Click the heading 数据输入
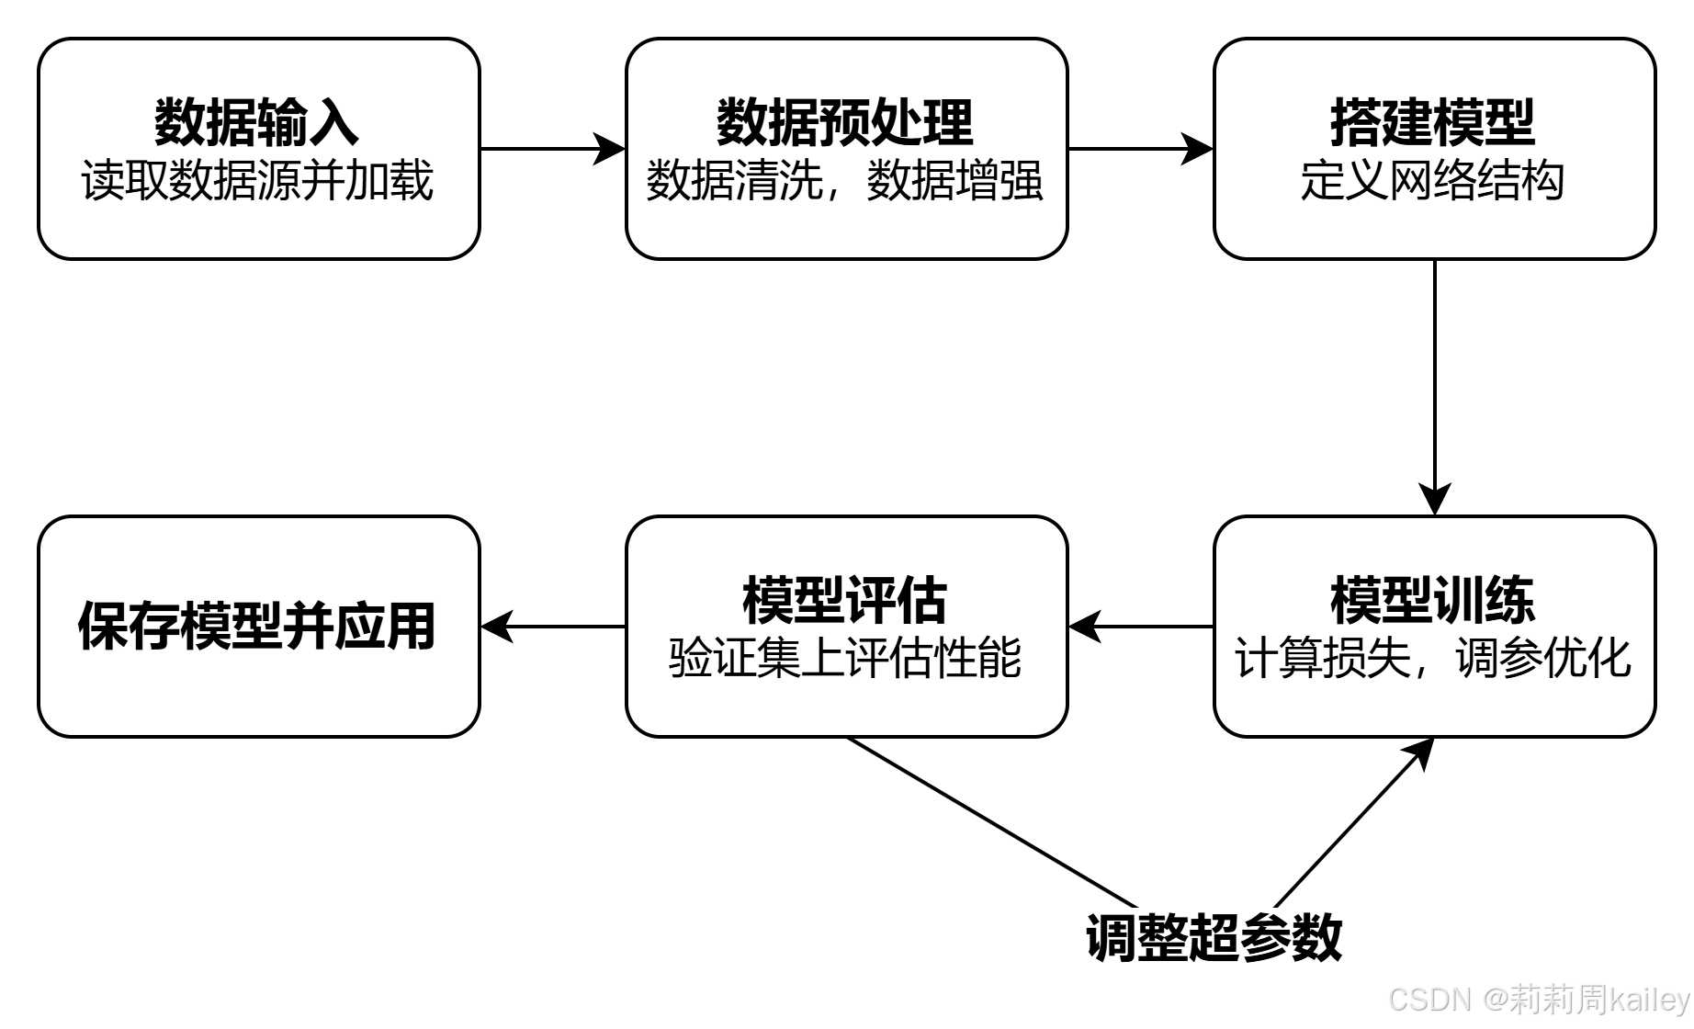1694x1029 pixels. point(256,122)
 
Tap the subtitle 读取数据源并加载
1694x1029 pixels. point(257,180)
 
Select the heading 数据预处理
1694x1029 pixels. point(845,122)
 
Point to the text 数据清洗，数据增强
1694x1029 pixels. point(845,180)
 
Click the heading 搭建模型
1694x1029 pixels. point(1433,122)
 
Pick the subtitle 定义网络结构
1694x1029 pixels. point(1433,180)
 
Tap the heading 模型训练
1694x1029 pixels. point(1433,600)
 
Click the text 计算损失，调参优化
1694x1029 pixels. point(1433,658)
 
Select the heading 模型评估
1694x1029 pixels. point(845,600)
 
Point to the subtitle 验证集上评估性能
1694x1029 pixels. point(845,658)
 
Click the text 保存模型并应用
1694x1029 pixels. point(257,627)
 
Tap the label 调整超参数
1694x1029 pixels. point(1215,938)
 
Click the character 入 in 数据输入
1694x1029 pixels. point(333,122)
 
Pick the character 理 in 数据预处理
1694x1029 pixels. point(948,122)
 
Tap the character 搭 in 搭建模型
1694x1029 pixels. point(1356,122)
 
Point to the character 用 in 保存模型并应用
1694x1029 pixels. point(411,627)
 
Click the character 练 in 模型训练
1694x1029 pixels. point(1509,600)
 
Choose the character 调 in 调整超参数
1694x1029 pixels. point(1112,938)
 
